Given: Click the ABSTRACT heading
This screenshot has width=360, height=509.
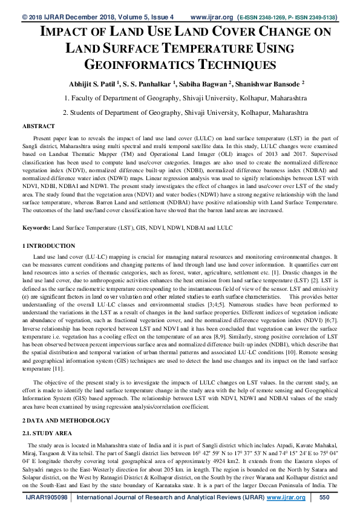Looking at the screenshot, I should [x=39, y=126].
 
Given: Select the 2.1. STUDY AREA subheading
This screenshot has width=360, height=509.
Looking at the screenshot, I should [x=47, y=433].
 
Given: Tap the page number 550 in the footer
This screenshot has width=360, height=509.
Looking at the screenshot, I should [x=324, y=497].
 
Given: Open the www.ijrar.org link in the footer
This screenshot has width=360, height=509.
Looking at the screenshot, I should [x=286, y=497].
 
